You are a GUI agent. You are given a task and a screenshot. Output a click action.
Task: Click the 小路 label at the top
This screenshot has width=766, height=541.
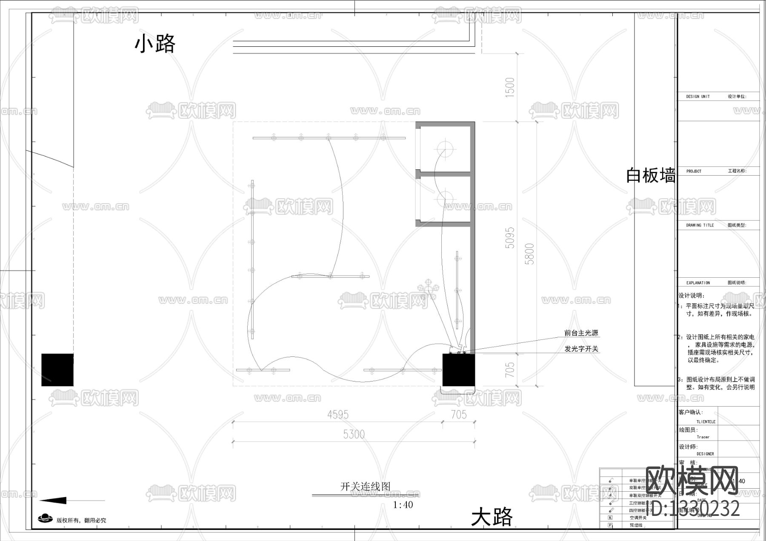click(x=155, y=44)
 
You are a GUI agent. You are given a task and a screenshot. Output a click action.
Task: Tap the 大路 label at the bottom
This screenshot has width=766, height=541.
click(x=492, y=518)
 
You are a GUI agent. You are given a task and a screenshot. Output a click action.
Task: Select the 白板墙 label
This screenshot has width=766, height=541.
click(x=650, y=175)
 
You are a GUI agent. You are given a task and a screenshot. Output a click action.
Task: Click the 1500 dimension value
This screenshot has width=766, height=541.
click(x=510, y=87)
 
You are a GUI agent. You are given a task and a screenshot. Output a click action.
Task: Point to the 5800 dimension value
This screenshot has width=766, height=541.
click(x=530, y=253)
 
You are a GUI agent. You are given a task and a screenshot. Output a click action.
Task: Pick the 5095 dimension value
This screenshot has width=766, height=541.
click(x=510, y=238)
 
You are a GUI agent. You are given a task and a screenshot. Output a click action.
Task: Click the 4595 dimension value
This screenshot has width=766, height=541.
click(x=338, y=414)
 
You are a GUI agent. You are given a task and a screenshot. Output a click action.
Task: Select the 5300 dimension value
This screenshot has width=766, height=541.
click(x=354, y=434)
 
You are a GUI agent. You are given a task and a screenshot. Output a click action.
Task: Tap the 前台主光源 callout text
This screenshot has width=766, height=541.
click(x=581, y=333)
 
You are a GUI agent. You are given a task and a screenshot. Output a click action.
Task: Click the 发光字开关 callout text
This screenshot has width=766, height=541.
click(x=581, y=349)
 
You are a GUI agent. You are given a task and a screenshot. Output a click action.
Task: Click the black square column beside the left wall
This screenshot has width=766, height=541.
click(x=57, y=370)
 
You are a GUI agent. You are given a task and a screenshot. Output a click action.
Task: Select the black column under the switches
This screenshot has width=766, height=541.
click(x=458, y=370)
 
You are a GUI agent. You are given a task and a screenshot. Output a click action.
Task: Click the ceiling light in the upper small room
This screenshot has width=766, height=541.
click(x=445, y=150)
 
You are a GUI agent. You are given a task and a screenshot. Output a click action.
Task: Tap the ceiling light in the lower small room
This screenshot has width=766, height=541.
click(x=445, y=199)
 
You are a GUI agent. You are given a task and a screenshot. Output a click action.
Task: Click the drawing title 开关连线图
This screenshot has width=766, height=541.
click(x=365, y=486)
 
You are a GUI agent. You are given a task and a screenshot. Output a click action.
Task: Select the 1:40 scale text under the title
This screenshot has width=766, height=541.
click(x=403, y=505)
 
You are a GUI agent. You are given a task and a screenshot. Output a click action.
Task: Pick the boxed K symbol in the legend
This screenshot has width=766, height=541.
click(x=610, y=518)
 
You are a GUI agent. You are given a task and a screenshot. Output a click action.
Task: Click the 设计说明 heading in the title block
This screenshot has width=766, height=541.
click(x=692, y=296)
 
